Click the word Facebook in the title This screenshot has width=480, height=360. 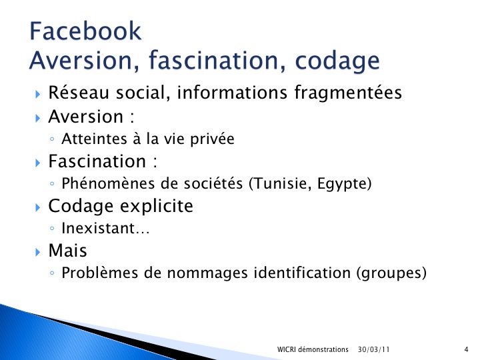tap(85, 31)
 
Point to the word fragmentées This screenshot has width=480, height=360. tap(348, 93)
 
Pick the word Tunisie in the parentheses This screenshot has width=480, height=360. tap(282, 184)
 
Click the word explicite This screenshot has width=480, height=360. tap(157, 206)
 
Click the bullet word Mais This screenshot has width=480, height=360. tap(67, 250)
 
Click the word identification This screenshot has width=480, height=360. tap(302, 273)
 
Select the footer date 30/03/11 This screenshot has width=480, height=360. tap(374, 349)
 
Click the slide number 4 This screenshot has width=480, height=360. tap(466, 349)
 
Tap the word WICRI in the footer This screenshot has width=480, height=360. tap(286, 349)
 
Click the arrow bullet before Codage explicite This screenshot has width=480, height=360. tap(37, 207)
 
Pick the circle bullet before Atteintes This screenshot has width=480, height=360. tap(52, 139)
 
